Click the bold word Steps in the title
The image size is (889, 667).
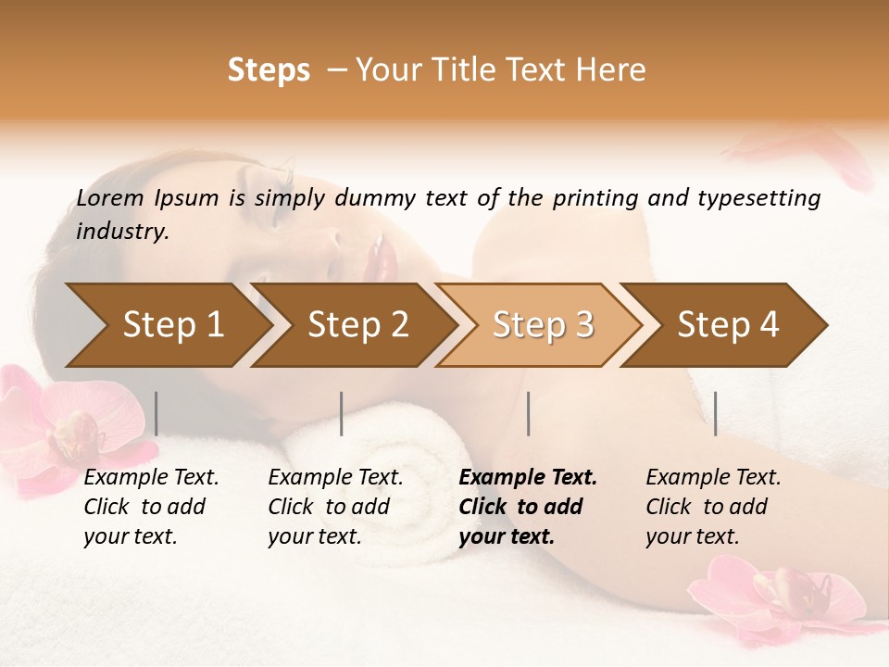coord(269,70)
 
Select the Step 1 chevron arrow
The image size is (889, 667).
coord(167,325)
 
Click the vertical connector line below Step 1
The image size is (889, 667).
coord(157,413)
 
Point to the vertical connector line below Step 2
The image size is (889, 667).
coord(342,413)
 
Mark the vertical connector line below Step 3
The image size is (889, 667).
coord(529,413)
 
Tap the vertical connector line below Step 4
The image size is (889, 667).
coord(716,413)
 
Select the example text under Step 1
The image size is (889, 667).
coord(151,507)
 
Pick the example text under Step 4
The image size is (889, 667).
coord(713,507)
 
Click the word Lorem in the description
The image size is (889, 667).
coord(110,198)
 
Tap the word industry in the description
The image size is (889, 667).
coord(121,232)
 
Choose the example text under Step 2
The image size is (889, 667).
coord(335,507)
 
